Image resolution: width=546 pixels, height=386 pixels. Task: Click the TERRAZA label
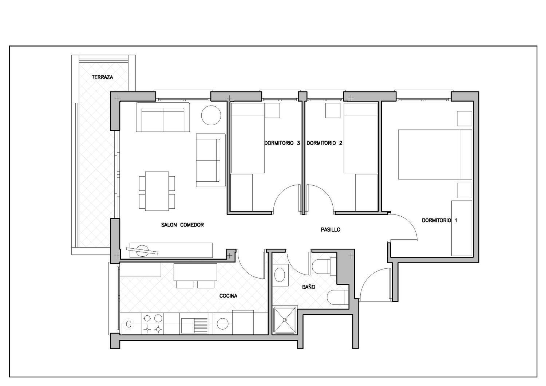102,77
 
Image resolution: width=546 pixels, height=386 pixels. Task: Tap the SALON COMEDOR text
182,225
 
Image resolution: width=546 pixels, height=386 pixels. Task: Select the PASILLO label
331,229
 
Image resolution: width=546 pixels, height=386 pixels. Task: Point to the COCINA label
228,296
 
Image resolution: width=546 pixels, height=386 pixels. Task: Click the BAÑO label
309,287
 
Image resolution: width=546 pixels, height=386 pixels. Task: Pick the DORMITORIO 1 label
439,220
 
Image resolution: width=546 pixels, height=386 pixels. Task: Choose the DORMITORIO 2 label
324,143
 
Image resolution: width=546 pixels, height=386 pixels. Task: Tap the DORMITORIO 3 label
282,143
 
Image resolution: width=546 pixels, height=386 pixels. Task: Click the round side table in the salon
211,115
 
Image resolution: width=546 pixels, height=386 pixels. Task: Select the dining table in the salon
157,191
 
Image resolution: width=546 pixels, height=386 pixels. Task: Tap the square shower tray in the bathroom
285,320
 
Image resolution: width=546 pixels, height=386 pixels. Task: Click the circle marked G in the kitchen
129,324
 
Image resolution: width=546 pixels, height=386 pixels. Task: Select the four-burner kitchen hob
153,324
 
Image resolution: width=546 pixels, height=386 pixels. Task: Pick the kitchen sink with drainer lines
194,324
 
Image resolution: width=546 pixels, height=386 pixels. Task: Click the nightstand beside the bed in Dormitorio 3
272,110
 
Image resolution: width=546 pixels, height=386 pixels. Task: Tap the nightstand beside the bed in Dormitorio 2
333,110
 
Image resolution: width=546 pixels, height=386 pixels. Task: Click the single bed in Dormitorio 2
360,138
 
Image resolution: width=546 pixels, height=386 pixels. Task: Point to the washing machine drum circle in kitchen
222,324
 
